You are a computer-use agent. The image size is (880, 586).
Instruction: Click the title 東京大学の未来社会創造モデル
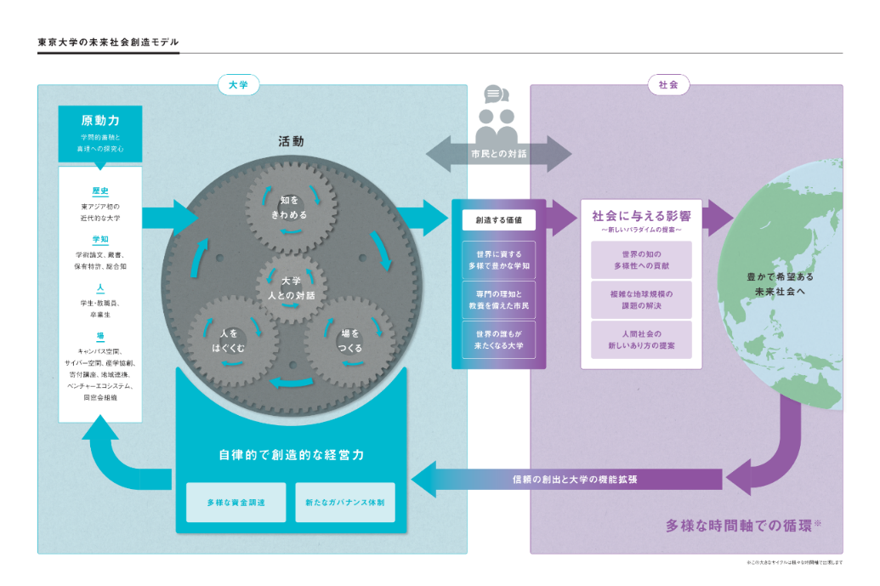[108, 42]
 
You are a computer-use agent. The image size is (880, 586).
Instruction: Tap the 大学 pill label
[239, 84]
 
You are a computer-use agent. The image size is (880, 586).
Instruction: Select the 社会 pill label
[668, 84]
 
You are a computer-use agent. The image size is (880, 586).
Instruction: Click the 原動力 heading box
[100, 133]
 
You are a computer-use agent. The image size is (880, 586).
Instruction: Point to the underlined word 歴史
[100, 191]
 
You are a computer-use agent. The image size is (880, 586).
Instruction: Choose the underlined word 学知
[100, 240]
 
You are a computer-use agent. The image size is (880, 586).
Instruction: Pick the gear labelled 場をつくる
[350, 340]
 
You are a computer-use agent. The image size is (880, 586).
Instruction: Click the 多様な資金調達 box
[236, 503]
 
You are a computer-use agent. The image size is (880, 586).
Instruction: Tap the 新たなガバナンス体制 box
[345, 503]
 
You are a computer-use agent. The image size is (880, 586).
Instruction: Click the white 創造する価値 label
[499, 220]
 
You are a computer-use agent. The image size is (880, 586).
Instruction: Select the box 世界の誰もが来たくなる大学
[499, 340]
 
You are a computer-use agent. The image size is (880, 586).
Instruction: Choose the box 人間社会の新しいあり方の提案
[641, 340]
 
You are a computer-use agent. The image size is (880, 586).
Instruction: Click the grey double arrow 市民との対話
[498, 154]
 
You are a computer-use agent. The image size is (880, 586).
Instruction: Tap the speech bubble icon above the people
[496, 94]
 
